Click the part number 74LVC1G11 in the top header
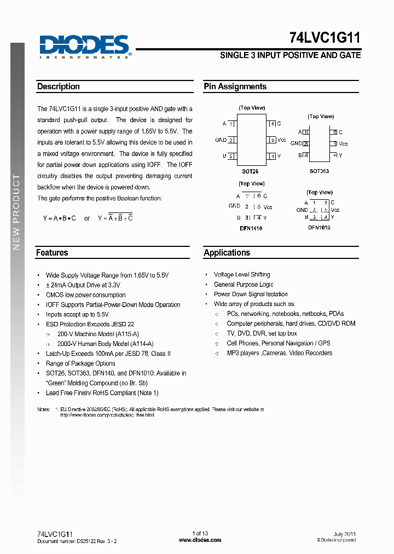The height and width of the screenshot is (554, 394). coord(325,38)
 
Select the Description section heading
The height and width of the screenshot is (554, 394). coord(59,86)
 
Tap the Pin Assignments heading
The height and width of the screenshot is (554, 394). coord(235,86)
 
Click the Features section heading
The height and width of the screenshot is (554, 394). coord(52,253)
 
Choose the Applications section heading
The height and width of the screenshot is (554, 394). coord(227,253)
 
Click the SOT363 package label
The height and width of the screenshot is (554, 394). coord(319,171)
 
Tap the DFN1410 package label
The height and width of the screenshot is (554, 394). coord(251,228)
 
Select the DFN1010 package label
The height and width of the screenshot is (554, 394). coord(319,227)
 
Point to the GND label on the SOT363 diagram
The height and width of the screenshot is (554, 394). coord(296,144)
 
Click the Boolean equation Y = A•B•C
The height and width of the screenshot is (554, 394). coord(60,218)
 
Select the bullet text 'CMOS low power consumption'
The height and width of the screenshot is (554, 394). coord(85,295)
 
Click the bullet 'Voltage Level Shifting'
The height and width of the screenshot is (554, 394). coord(241,275)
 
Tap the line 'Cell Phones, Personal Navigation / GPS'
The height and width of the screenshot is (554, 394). coord(279,343)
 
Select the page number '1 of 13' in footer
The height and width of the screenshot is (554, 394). coord(200,534)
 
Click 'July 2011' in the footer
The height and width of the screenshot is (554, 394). coord(345,534)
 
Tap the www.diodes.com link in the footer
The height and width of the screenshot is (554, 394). coord(200,540)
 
